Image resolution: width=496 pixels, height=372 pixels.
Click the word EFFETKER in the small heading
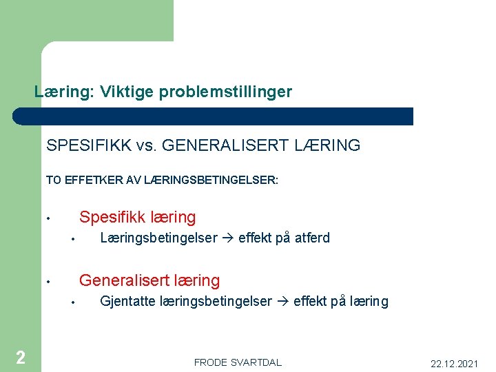tap(91, 180)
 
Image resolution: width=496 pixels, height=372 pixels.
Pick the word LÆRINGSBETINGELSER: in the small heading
tap(211, 180)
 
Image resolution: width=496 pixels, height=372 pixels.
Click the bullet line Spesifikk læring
tap(137, 217)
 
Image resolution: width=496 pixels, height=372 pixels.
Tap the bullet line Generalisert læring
tap(149, 280)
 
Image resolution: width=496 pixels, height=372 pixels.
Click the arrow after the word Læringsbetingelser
tap(228, 238)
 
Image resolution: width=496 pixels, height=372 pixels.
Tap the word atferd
tap(312, 238)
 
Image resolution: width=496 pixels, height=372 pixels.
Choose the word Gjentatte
tap(128, 302)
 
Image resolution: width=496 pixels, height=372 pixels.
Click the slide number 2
tap(21, 357)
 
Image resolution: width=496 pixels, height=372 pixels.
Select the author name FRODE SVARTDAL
tap(238, 362)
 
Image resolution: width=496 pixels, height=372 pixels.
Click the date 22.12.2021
tap(454, 363)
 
